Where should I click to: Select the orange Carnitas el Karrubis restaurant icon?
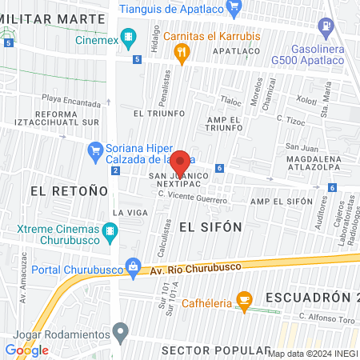click(x=182, y=53)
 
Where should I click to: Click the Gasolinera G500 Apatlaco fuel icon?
click(x=326, y=26)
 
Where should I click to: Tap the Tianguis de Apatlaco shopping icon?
click(x=234, y=9)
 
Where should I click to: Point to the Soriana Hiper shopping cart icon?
click(x=95, y=148)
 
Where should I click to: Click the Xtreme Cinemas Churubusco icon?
click(x=110, y=233)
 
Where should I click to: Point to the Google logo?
click(x=26, y=350)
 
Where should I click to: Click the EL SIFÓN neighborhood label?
click(x=210, y=226)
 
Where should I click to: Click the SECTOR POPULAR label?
click(x=215, y=350)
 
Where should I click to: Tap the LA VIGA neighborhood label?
click(x=129, y=212)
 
